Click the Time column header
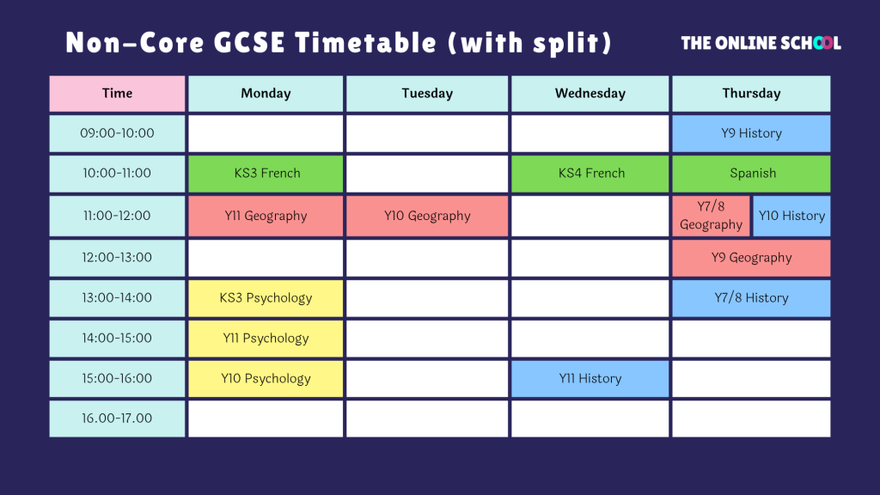pyautogui.click(x=117, y=94)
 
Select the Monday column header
pyautogui.click(x=266, y=94)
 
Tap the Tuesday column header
pyautogui.click(x=427, y=94)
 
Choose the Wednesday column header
pyautogui.click(x=590, y=94)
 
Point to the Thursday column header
pyautogui.click(x=751, y=94)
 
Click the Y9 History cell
pyautogui.click(x=751, y=133)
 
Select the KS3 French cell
pyautogui.click(x=266, y=174)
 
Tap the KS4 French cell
pyautogui.click(x=590, y=174)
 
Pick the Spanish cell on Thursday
pyautogui.click(x=751, y=174)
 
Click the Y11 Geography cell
pyautogui.click(x=266, y=216)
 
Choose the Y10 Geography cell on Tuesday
pyautogui.click(x=427, y=216)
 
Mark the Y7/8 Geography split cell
pyautogui.click(x=711, y=216)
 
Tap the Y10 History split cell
pyautogui.click(x=791, y=216)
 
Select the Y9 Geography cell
pyautogui.click(x=751, y=258)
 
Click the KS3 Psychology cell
pyautogui.click(x=266, y=298)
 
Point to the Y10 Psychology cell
pyautogui.click(x=266, y=379)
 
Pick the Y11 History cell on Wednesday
pyautogui.click(x=590, y=379)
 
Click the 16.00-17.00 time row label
pyautogui.click(x=117, y=419)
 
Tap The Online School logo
pyautogui.click(x=761, y=43)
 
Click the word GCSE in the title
pyautogui.click(x=249, y=43)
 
